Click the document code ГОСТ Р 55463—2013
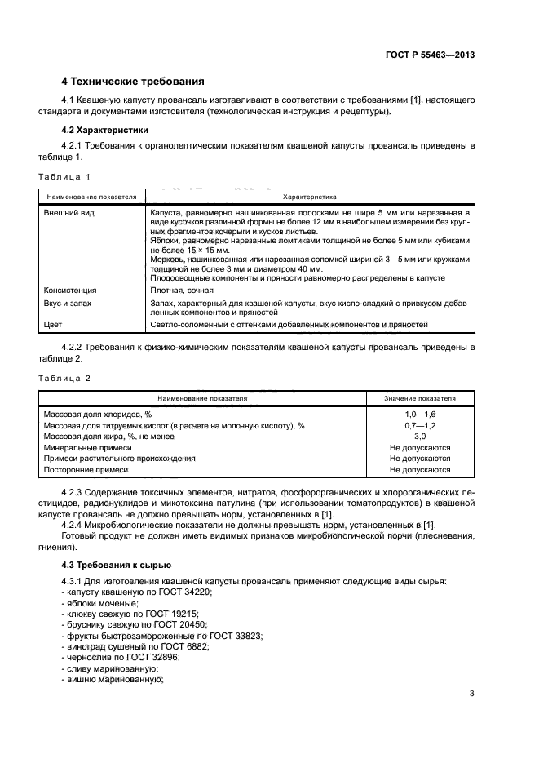pyautogui.click(x=430, y=55)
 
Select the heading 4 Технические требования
pyautogui.click(x=133, y=82)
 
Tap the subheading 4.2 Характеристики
pyautogui.click(x=105, y=130)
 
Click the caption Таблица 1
pyautogui.click(x=64, y=176)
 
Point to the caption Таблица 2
pyautogui.click(x=64, y=378)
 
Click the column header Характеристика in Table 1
pyautogui.click(x=309, y=197)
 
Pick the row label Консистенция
pyautogui.click(x=69, y=290)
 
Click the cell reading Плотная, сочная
pyautogui.click(x=182, y=290)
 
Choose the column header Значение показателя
pyautogui.click(x=420, y=398)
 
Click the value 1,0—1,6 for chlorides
pyautogui.click(x=420, y=415)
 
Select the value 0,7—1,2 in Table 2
pyautogui.click(x=420, y=425)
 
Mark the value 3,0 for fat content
pyautogui.click(x=420, y=437)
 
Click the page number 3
pyautogui.click(x=471, y=694)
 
